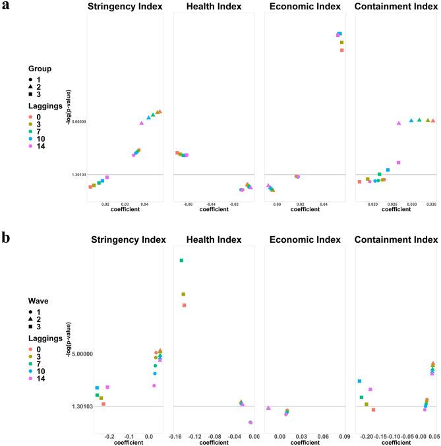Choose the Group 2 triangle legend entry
pos(42,87)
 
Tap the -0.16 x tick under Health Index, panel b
pos(175,437)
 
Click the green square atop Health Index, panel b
pos(181,261)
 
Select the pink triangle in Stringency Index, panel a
pos(142,123)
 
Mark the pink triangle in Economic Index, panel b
pos(268,408)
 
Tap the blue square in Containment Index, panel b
pos(359,381)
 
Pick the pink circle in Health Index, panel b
pos(250,422)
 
